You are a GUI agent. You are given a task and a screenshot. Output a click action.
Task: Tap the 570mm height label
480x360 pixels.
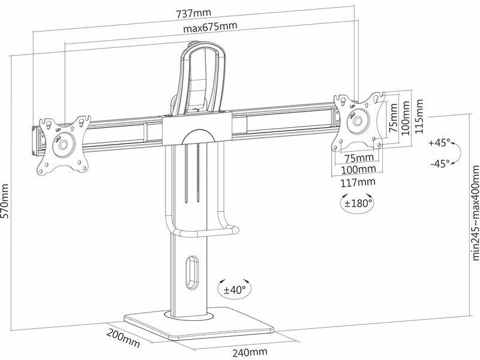pos(7,200)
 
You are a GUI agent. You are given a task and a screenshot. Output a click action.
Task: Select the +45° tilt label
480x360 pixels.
pos(439,143)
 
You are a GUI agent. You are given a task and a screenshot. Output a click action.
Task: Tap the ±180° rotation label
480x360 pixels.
pos(358,203)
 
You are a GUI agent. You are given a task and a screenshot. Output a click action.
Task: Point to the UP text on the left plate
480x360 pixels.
pos(58,129)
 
